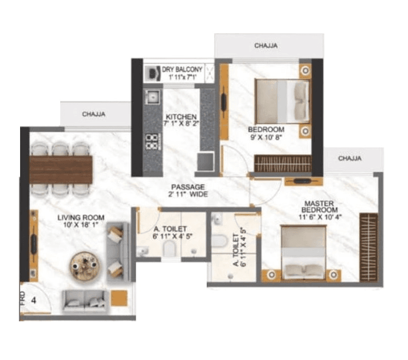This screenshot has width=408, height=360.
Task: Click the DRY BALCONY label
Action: [x=182, y=70]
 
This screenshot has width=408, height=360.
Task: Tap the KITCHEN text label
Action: [x=181, y=117]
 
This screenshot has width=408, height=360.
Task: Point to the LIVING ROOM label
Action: [x=81, y=217]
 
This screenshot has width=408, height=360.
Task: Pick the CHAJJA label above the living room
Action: [x=94, y=114]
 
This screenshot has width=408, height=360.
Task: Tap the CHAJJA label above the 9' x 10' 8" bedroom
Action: [x=266, y=46]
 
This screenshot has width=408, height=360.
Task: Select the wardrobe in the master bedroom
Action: [x=369, y=247]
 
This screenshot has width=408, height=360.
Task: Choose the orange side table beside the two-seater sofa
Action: [x=119, y=298]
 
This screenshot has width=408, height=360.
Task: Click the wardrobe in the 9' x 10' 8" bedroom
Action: [x=283, y=163]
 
